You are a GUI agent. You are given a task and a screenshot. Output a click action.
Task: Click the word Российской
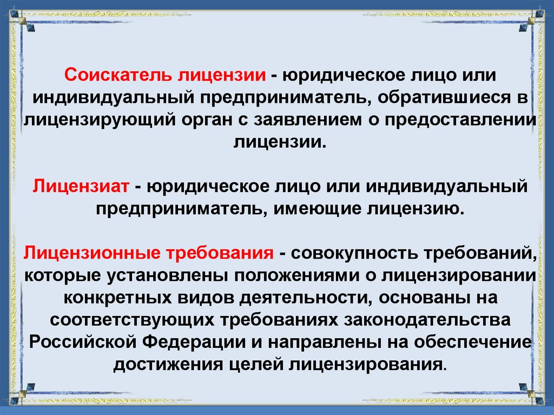pyautogui.click(x=82, y=341)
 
